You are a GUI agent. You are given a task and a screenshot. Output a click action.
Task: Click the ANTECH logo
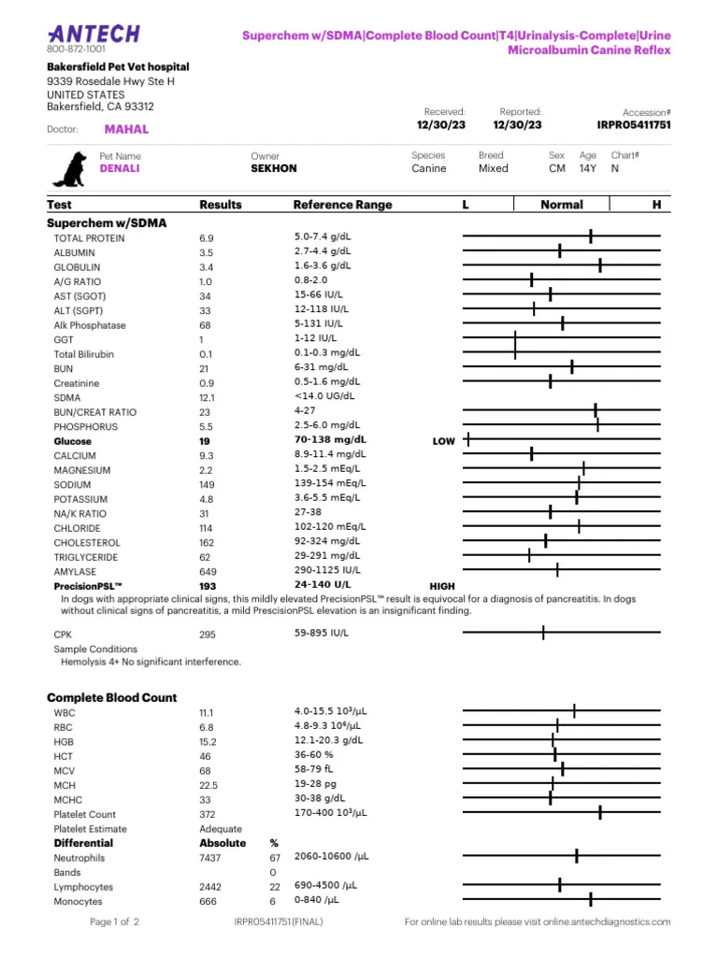click(93, 34)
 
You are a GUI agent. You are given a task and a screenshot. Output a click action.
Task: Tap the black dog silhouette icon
click(70, 169)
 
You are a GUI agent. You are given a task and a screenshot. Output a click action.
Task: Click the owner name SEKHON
click(274, 169)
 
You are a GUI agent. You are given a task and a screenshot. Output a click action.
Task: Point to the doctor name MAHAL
click(126, 130)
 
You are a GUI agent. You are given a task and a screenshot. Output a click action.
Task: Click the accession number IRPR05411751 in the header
click(634, 124)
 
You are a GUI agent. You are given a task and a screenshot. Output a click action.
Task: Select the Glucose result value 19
click(205, 440)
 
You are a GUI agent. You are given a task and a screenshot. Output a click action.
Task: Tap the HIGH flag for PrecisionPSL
click(442, 586)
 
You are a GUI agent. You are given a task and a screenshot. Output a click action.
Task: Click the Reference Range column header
click(342, 205)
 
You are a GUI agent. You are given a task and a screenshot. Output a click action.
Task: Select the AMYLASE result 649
click(208, 571)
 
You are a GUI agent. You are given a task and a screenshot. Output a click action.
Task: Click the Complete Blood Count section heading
click(111, 698)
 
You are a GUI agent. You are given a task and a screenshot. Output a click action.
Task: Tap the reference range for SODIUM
click(330, 484)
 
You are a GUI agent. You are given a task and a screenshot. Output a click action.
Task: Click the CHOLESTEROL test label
click(87, 542)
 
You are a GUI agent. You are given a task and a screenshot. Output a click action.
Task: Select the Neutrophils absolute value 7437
click(210, 858)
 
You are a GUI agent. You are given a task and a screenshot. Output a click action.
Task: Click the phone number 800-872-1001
click(76, 49)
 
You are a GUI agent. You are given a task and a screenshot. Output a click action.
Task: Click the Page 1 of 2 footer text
click(114, 922)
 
